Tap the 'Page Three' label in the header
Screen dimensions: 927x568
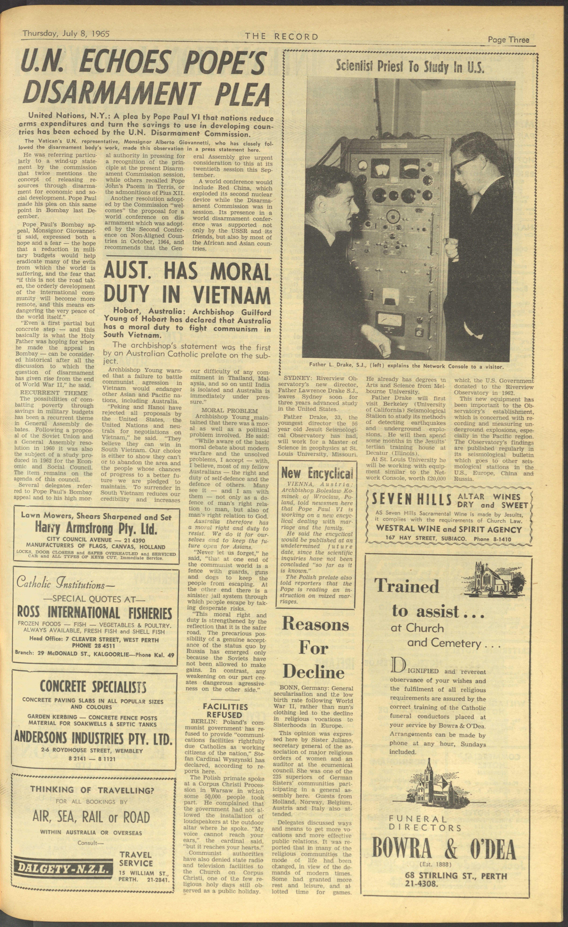click(x=508, y=39)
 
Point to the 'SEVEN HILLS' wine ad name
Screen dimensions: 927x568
click(x=412, y=499)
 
